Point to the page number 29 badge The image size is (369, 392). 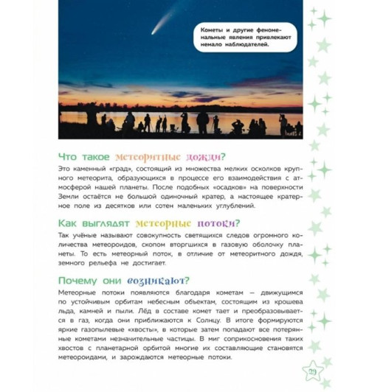pos(312,380)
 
